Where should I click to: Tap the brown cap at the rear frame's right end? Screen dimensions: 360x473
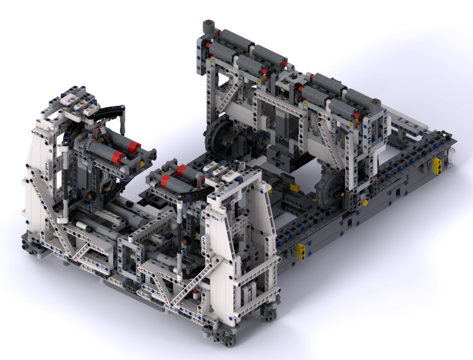coord(376,101)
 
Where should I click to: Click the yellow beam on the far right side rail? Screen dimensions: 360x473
coord(439,164)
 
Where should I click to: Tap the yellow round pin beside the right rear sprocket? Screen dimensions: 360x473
coord(365,202)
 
